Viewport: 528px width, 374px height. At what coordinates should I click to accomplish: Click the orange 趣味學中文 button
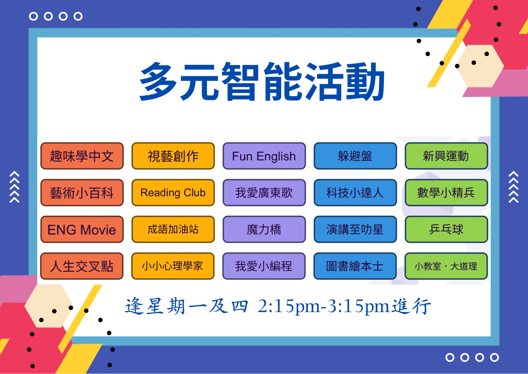(82, 156)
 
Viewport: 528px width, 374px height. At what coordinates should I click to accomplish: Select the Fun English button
(264, 156)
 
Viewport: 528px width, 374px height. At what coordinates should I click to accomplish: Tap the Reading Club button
(173, 192)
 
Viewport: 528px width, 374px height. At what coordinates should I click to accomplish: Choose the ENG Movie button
(82, 229)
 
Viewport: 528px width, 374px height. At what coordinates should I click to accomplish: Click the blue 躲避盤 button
(355, 156)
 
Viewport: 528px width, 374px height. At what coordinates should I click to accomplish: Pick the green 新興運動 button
(446, 156)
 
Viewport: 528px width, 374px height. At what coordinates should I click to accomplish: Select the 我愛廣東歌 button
(264, 192)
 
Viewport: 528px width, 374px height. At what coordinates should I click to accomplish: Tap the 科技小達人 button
(355, 192)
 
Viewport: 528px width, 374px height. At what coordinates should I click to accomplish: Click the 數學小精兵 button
(446, 192)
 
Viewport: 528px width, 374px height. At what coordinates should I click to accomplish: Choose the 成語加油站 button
(173, 229)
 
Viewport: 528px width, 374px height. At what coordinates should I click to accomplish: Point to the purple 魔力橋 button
(264, 229)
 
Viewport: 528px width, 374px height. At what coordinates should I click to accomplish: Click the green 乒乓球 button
(446, 229)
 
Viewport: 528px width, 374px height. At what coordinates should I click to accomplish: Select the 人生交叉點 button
(82, 266)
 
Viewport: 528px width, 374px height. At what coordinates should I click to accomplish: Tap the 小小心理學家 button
(173, 266)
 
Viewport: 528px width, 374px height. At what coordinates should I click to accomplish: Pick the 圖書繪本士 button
(355, 266)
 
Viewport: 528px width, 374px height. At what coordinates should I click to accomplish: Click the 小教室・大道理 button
(446, 266)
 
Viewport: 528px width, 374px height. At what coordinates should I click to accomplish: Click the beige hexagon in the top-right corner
(480, 66)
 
